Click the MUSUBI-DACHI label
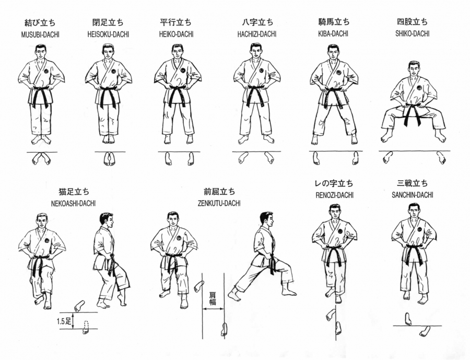pos(40,35)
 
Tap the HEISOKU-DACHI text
pos(108,34)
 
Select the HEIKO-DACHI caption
pos(177,34)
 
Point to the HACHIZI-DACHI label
pos(257,34)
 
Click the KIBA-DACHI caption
pos(333,33)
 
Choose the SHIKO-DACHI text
pos(412,33)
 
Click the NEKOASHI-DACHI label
pos(74,203)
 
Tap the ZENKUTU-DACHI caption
pos(219,203)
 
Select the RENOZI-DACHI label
pos(335,195)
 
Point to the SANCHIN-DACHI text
pos(413,195)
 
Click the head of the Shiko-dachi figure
pos(414,69)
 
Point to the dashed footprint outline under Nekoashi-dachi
pos(86,324)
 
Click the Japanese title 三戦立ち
pos(413,183)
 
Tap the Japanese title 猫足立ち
pos(74,191)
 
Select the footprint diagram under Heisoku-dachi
pos(109,159)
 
